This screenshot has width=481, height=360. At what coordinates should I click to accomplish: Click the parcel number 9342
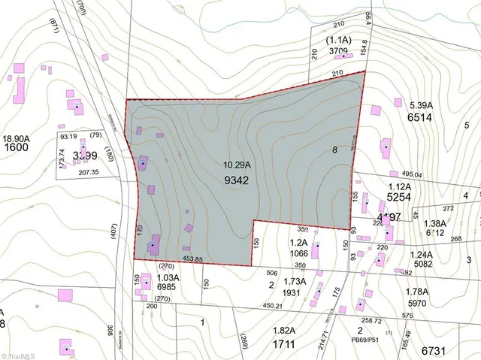(236, 180)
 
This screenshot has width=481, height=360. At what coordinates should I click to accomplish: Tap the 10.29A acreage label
(236, 165)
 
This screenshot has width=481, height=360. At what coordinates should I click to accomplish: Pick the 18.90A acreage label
(16, 138)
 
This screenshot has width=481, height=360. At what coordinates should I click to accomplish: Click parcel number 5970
(423, 302)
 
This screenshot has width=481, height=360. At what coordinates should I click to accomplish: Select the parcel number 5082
(423, 264)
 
